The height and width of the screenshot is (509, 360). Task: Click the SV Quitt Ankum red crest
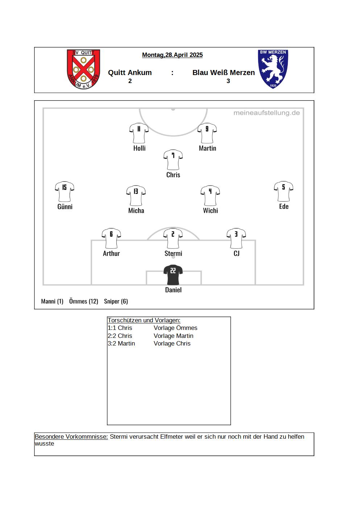coord(83,69)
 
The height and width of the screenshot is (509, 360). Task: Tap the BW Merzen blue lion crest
coord(273,69)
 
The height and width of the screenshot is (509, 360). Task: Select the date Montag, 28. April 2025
coord(172,55)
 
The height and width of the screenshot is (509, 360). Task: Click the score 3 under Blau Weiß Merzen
coord(228,81)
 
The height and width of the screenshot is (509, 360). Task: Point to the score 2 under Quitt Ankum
coord(130,81)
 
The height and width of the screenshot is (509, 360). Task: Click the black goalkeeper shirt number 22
coord(173,275)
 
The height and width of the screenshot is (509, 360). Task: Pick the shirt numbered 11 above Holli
coord(139,133)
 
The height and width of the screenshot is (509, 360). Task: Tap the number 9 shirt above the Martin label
coord(207,133)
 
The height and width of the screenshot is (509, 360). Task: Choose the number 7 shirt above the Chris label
coord(173,160)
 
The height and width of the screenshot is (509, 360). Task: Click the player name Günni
coord(65,207)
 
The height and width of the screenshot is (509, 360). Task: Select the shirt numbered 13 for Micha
coord(136,196)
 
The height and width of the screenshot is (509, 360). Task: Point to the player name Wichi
coord(211,210)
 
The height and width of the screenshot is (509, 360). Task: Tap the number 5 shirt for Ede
coord(284,191)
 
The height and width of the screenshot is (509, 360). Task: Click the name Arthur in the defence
coord(111,253)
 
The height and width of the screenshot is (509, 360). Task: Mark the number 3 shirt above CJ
coord(236,238)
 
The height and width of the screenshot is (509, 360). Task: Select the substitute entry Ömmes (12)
coord(84,301)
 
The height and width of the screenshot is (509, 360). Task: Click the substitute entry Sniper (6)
coord(116,301)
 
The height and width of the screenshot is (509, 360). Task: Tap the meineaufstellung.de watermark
coord(266,113)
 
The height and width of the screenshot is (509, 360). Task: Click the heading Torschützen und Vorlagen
coord(144,320)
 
